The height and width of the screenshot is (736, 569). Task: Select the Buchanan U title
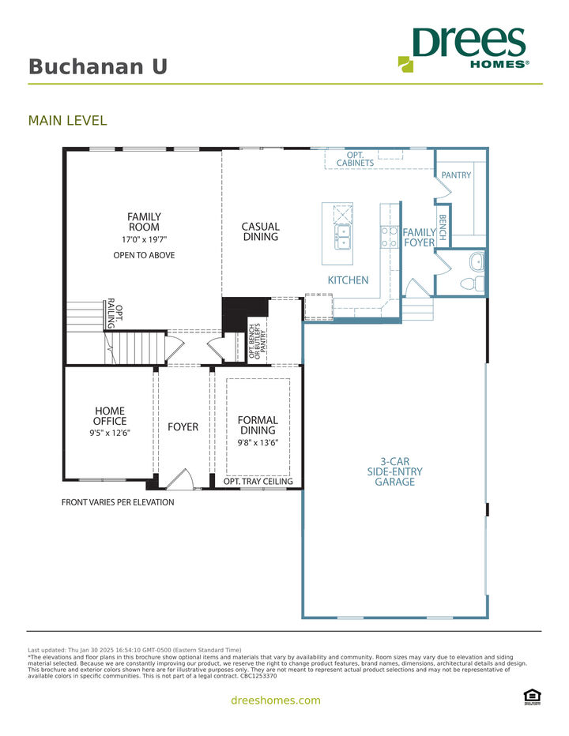pos(98,66)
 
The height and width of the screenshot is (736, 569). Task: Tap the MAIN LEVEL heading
pos(67,121)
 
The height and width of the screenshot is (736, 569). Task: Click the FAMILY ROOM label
pos(145,222)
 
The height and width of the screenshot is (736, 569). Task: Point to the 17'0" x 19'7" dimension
pos(145,239)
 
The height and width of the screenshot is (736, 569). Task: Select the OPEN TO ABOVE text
pos(144,255)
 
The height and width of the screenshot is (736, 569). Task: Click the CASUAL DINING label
pos(261,231)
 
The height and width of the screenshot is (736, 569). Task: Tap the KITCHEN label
pos(349,280)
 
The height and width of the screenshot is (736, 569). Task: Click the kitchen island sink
pos(343,237)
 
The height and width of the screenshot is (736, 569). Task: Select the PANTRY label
pos(456,175)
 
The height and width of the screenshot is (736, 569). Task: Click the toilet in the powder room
pos(470,283)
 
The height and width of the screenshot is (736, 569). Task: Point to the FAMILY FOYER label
pos(420,238)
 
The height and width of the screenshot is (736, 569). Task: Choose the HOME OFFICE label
pos(110,415)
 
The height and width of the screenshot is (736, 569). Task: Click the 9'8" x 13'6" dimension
pos(258,443)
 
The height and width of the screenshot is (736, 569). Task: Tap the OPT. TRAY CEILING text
pos(258,481)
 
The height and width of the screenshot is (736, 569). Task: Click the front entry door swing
pos(180,479)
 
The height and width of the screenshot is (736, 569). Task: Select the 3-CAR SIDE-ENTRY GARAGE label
pos(394,471)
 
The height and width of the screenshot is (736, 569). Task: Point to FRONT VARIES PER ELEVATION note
pos(118,502)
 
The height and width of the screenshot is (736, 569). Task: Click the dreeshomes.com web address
pos(276,700)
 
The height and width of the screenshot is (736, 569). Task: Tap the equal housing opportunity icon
pos(532,696)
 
